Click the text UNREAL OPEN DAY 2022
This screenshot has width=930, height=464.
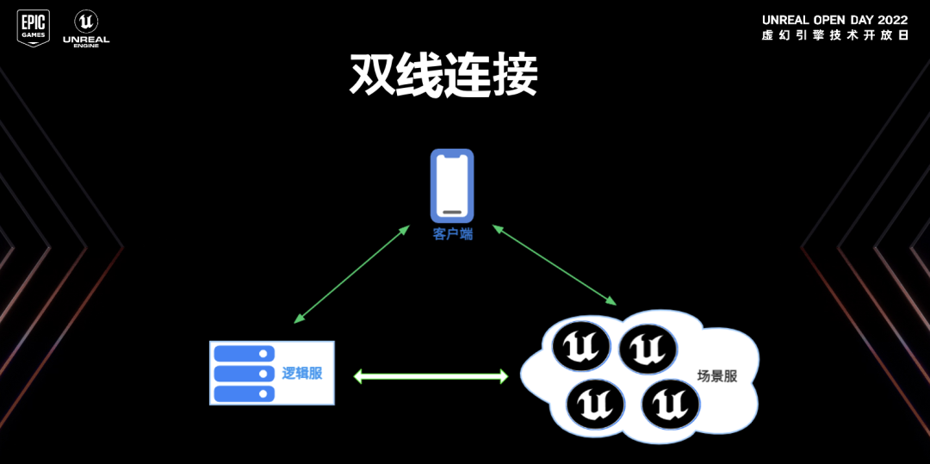pyautogui.click(x=834, y=20)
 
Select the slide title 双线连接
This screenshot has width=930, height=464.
pyautogui.click(x=443, y=75)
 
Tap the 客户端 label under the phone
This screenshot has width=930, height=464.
pyautogui.click(x=452, y=233)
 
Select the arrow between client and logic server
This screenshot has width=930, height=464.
pyautogui.click(x=351, y=274)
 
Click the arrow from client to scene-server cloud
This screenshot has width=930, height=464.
pyautogui.click(x=555, y=265)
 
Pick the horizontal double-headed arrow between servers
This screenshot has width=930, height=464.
pyautogui.click(x=431, y=376)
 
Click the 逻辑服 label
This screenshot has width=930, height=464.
pyautogui.click(x=302, y=373)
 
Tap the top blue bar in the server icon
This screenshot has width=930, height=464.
pyautogui.click(x=244, y=354)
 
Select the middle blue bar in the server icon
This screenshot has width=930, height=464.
pyautogui.click(x=244, y=374)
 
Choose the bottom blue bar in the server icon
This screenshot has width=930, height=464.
pyautogui.click(x=244, y=393)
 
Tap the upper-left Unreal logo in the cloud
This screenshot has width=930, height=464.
pyautogui.click(x=581, y=347)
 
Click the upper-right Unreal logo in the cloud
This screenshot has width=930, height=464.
pyautogui.click(x=648, y=348)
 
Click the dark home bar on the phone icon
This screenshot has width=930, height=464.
pyautogui.click(x=452, y=212)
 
